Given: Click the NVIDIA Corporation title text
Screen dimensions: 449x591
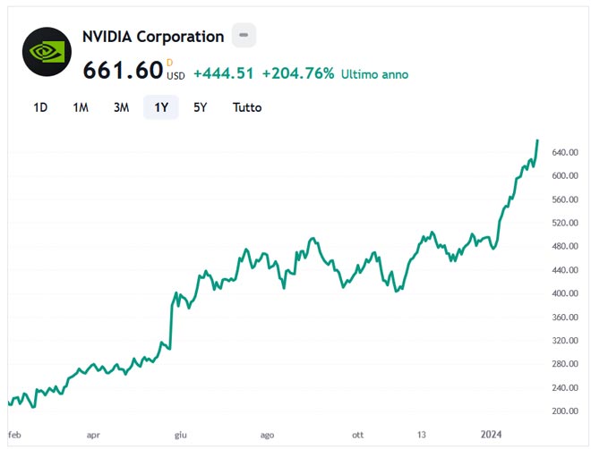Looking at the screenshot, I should pyautogui.click(x=153, y=37).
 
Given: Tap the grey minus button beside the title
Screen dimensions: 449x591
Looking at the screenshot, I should pyautogui.click(x=244, y=36).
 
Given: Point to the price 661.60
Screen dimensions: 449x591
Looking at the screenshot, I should pyautogui.click(x=123, y=70).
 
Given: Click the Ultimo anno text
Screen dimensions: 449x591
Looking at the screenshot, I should pyautogui.click(x=374, y=74).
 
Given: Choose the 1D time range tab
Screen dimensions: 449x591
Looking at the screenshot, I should pyautogui.click(x=40, y=107).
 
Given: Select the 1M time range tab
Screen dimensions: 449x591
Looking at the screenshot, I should pyautogui.click(x=81, y=107).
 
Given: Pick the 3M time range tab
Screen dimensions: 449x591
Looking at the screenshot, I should pyautogui.click(x=121, y=107).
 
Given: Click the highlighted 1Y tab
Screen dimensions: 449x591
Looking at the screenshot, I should pyautogui.click(x=161, y=107).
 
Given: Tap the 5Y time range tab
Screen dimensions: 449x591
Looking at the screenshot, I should pyautogui.click(x=201, y=107).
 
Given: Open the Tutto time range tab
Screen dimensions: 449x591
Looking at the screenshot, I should pyautogui.click(x=247, y=107).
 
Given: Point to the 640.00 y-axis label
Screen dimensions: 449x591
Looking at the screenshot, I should pyautogui.click(x=564, y=153).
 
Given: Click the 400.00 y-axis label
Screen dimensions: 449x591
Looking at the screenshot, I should pyautogui.click(x=564, y=293).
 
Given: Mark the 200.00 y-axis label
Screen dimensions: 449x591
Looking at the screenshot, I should pyautogui.click(x=564, y=411).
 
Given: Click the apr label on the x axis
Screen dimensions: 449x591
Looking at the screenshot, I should pyautogui.click(x=93, y=435).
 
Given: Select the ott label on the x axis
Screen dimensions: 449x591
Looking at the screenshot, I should pyautogui.click(x=358, y=435).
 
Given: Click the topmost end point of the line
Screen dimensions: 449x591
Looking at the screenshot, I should pyautogui.click(x=537, y=140).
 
